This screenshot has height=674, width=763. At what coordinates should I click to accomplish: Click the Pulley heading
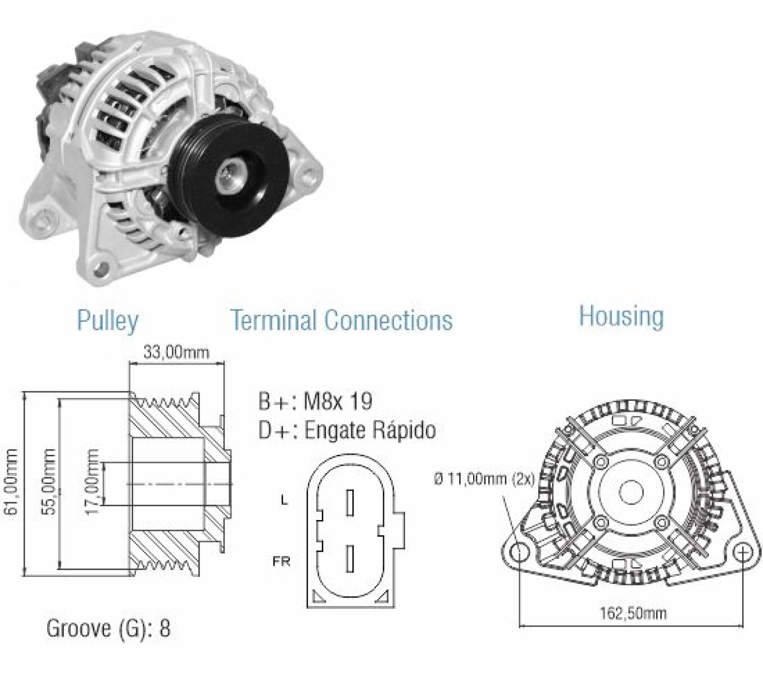107,321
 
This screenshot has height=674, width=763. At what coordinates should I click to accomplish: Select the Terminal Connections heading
341,320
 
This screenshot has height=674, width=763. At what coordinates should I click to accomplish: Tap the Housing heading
621,316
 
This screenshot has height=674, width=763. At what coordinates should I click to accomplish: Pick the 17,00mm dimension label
93,481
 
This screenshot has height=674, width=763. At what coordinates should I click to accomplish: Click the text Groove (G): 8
108,627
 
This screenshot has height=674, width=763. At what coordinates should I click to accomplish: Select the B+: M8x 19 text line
315,401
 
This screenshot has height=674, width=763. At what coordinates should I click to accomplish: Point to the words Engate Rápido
370,430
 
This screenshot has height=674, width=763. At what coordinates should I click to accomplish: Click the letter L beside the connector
284,499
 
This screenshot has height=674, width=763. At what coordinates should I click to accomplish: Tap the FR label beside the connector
281,561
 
